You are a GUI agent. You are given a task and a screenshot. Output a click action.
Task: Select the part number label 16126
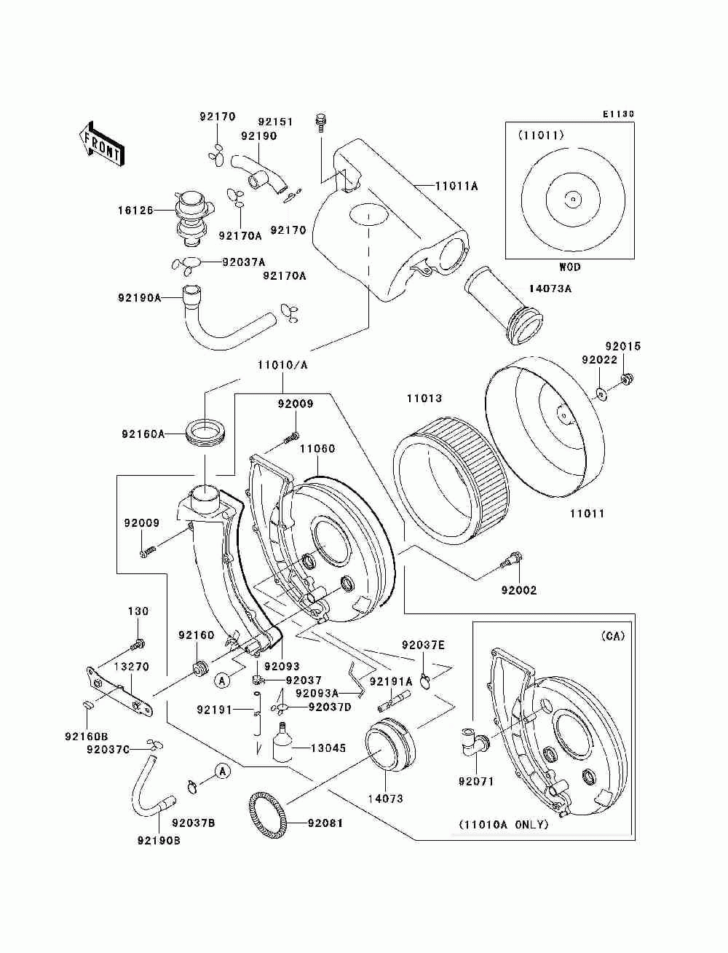(x=135, y=210)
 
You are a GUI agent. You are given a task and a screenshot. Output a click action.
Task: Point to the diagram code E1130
(x=618, y=114)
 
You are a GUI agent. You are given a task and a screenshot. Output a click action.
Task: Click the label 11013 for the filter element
(x=424, y=399)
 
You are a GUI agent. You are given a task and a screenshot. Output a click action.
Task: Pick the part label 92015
(x=623, y=346)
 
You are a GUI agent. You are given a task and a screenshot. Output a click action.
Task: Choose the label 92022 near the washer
(x=599, y=360)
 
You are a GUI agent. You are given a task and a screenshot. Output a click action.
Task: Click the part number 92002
(x=518, y=590)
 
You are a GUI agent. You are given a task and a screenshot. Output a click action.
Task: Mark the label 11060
(x=317, y=449)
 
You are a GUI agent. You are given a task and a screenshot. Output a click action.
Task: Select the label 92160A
(x=143, y=434)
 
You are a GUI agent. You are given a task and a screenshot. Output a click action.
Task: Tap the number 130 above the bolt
(x=138, y=611)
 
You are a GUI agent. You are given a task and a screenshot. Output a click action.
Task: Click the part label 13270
(x=131, y=666)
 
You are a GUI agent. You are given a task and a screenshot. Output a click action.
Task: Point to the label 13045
(x=328, y=748)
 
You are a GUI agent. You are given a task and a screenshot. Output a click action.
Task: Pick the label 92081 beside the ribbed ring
(x=325, y=823)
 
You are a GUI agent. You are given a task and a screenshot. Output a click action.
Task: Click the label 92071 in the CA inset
(x=476, y=782)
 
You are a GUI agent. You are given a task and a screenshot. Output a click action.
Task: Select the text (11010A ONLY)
(x=502, y=825)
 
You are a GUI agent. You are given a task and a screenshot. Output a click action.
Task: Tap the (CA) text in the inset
(x=612, y=636)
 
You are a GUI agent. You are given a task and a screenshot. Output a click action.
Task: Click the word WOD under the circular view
(x=570, y=267)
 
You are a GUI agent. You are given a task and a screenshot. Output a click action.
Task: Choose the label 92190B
(x=158, y=841)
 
